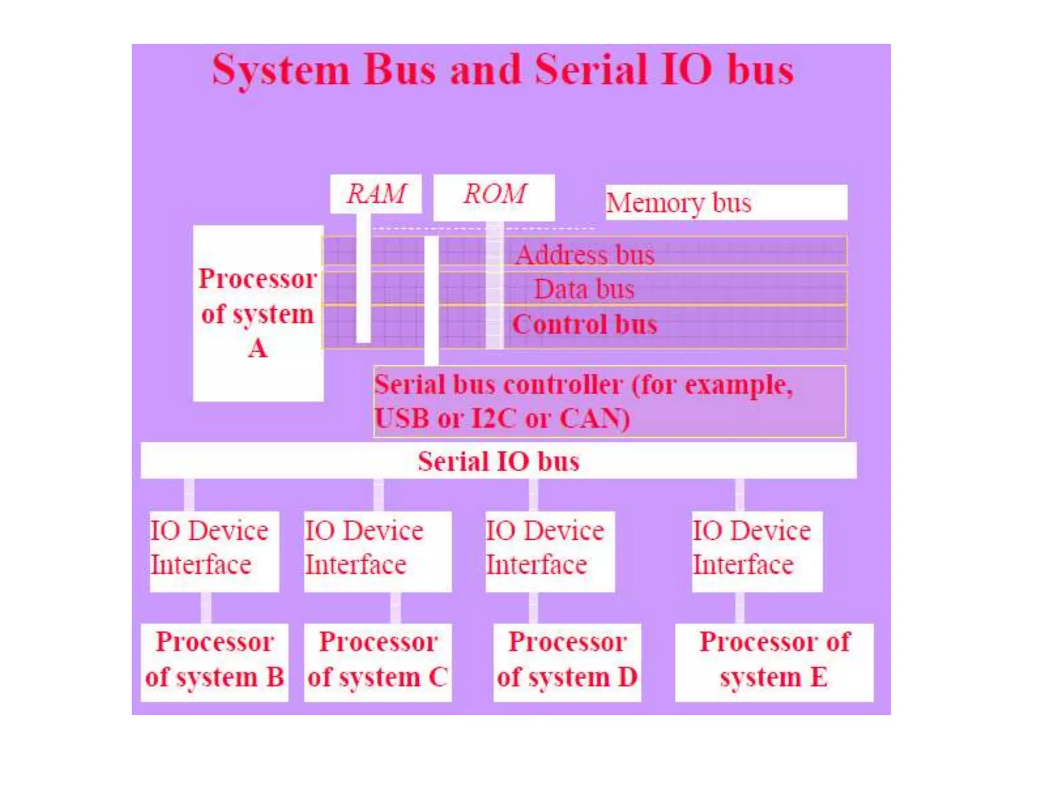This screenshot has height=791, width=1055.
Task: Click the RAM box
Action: click(376, 194)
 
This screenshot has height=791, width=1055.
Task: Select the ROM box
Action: click(494, 196)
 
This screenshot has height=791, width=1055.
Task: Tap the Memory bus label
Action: click(726, 202)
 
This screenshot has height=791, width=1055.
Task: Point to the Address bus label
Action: click(585, 254)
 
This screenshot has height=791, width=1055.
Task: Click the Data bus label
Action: click(584, 289)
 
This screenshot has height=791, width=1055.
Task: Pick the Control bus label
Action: click(585, 324)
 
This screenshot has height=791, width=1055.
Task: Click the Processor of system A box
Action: click(258, 313)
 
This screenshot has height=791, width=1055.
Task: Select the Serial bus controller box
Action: click(609, 401)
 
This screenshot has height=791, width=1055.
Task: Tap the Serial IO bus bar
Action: click(498, 460)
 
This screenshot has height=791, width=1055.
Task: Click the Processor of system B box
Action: click(214, 662)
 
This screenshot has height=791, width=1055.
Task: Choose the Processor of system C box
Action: click(378, 662)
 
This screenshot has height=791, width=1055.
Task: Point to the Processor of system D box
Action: click(567, 662)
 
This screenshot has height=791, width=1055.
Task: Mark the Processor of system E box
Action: click(774, 662)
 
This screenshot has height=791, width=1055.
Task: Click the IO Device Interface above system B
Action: click(214, 551)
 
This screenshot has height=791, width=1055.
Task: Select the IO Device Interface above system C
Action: click(378, 551)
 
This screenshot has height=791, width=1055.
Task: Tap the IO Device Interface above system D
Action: click(550, 551)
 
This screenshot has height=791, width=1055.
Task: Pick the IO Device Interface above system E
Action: click(756, 551)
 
